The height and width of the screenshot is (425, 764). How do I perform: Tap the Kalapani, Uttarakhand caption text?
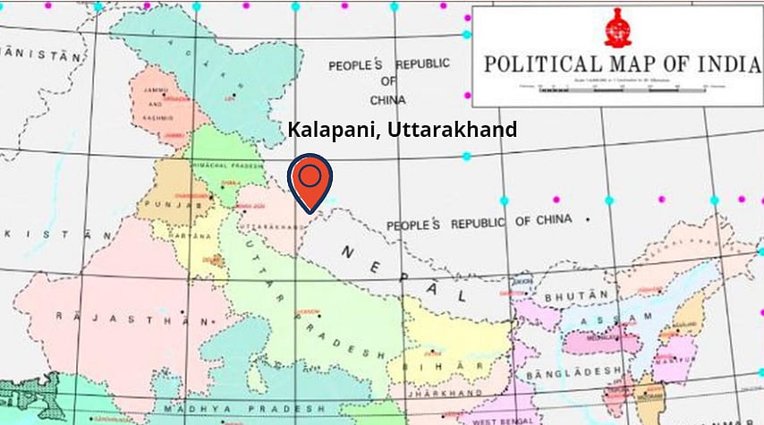pos(402,130)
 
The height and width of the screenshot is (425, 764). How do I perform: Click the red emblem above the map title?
pos(616,27)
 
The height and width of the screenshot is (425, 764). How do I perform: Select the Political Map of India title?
pos(616,64)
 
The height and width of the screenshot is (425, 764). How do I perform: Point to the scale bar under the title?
pos(616,86)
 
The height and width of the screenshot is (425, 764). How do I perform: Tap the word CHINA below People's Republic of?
pos(388,100)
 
